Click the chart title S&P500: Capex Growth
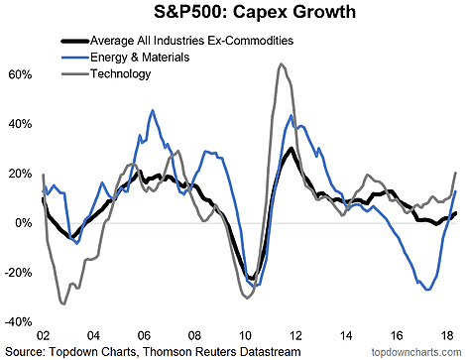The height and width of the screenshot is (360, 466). tap(232, 14)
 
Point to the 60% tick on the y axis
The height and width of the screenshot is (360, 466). tap(20, 74)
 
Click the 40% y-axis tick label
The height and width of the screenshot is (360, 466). tap(20, 124)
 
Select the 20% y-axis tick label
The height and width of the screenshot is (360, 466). tap(20, 174)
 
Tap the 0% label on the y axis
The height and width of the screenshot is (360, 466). tap(23, 223)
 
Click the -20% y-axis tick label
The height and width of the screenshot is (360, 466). tap(19, 273)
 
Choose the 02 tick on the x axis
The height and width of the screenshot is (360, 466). tap(43, 336)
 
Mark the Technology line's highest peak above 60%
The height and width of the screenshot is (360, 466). tap(281, 64)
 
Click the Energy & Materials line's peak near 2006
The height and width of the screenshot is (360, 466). tap(152, 111)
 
